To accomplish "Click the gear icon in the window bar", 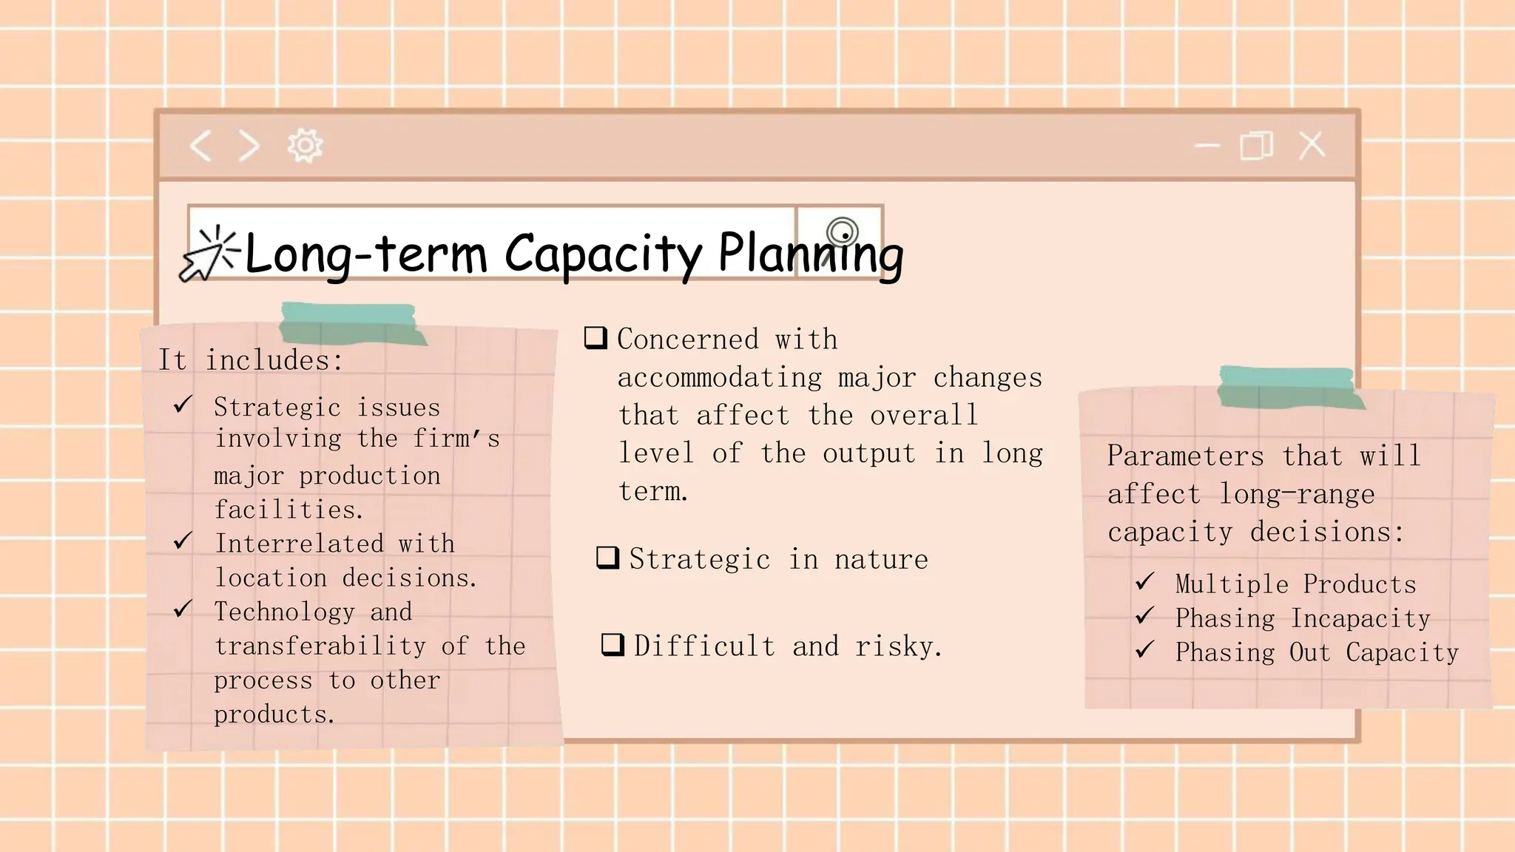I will coord(305,146).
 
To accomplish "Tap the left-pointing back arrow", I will coord(200,146).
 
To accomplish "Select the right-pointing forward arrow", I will coord(250,146).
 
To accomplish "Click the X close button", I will coord(1312,145).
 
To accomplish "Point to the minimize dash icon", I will coord(1207,146).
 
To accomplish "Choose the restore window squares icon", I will coord(1256,146).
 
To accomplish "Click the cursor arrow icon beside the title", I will coord(207,255).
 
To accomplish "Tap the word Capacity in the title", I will coord(603,254).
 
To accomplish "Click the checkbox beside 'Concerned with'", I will coord(595,338).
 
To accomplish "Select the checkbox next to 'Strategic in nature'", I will coord(607,558).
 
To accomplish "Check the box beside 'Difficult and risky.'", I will coord(613,645).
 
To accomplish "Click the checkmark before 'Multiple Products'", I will coord(1144,582).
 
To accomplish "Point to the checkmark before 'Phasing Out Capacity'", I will coord(1144,650).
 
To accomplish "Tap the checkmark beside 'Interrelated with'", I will coord(183,541).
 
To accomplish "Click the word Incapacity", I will coord(1360,618).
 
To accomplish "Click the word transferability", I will coord(320,646).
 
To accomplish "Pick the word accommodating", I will coord(719,378).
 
